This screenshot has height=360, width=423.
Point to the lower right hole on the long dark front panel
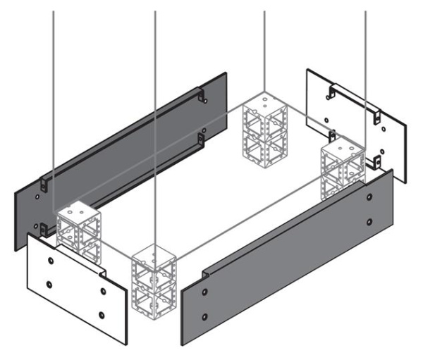click(x=370, y=222)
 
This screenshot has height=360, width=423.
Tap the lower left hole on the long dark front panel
click(x=205, y=314)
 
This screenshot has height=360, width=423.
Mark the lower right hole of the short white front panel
click(x=103, y=314)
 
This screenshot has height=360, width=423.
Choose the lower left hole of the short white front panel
click(x=49, y=285)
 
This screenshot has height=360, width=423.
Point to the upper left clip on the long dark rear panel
click(x=44, y=182)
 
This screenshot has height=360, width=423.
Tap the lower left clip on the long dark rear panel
click(x=44, y=228)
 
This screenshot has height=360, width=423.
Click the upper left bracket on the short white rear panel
click(x=331, y=91)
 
